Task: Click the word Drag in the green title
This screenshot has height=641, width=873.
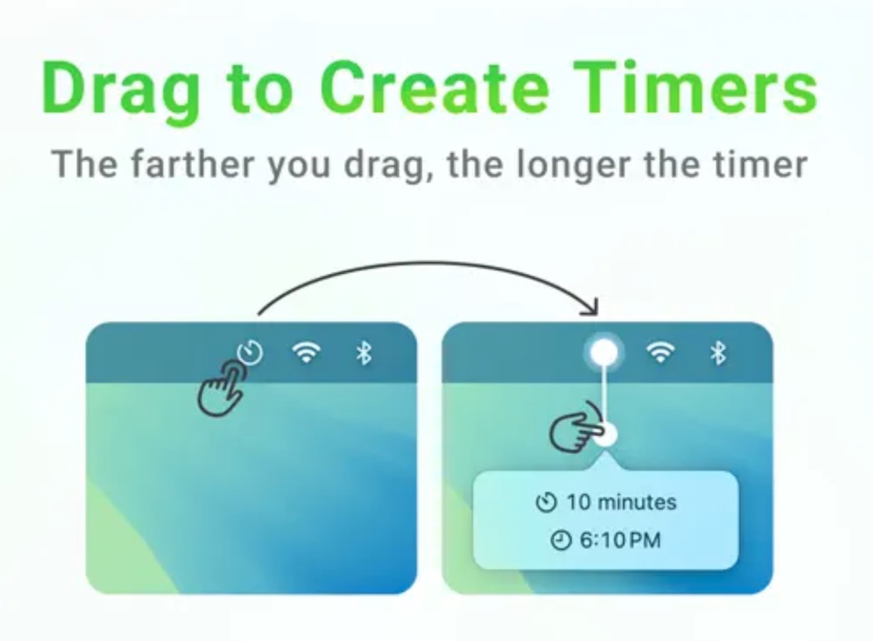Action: tap(120, 90)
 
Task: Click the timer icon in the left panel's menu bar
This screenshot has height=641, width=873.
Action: tap(250, 352)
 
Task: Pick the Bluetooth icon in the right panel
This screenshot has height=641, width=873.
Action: tap(718, 353)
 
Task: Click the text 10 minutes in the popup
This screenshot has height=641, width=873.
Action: tap(621, 502)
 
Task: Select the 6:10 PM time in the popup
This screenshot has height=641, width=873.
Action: tap(620, 540)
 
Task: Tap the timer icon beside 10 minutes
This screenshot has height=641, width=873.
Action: tap(546, 502)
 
